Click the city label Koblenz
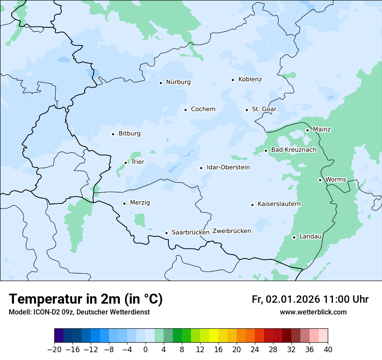pos(250,79)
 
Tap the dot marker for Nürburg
pos(161,83)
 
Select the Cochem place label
pos(203,109)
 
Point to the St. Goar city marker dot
pos(247,110)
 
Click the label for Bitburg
pos(129,134)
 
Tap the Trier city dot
pos(126,163)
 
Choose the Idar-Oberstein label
pos(228,167)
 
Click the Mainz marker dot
pos(307,130)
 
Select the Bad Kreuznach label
pos(293,150)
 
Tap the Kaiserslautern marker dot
pos(252,205)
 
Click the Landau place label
pos(310,236)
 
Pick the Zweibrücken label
pos(231,231)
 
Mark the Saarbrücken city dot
pos(166,233)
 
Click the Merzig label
pos(140,203)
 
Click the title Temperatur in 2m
pos(86,299)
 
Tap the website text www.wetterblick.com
pos(313,312)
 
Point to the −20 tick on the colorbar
pos(54,350)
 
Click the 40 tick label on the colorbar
pos(328,350)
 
